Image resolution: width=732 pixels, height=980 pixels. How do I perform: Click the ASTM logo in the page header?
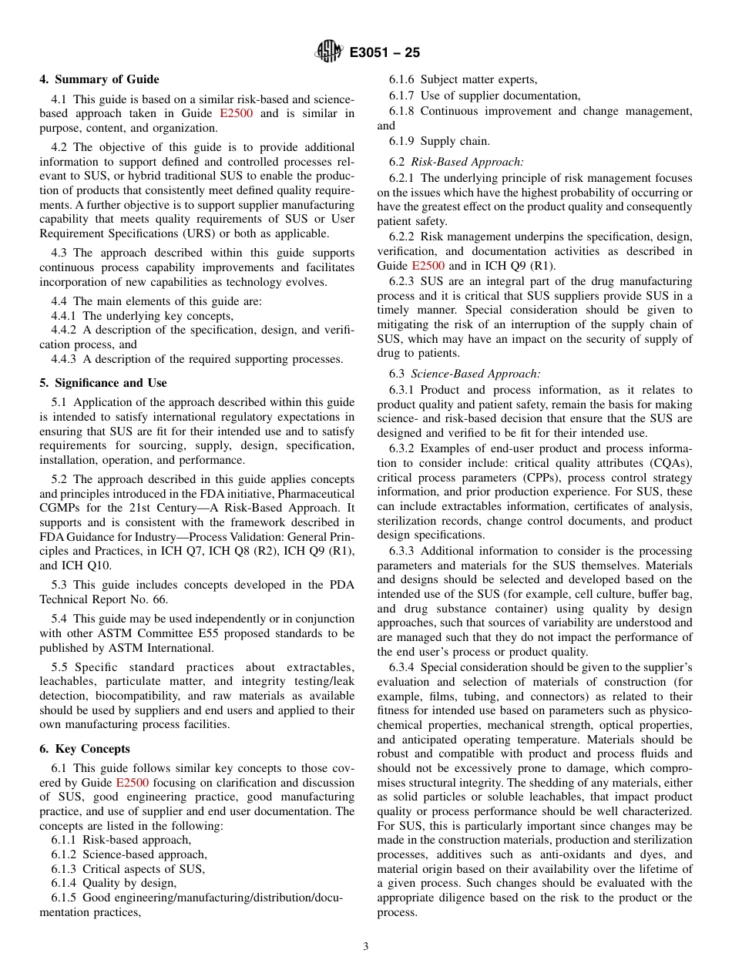pyautogui.click(x=329, y=52)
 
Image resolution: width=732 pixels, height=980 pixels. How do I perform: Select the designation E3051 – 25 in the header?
pyautogui.click(x=384, y=53)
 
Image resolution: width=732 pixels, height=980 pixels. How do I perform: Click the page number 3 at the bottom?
pyautogui.click(x=366, y=947)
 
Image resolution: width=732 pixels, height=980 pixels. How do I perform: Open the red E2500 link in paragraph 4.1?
pyautogui.click(x=236, y=114)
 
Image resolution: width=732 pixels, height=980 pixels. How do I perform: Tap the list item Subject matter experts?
pyautogui.click(x=478, y=79)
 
